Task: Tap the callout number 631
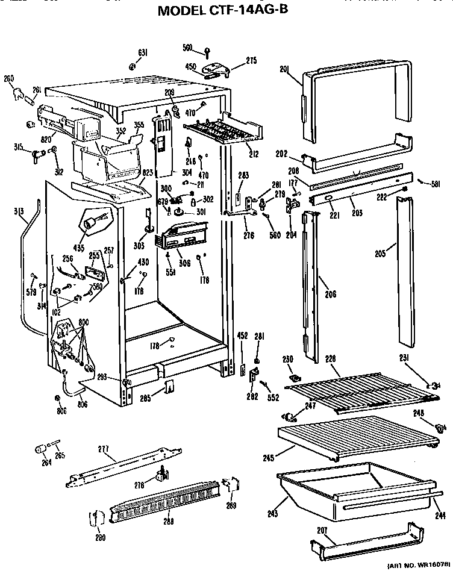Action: (143, 53)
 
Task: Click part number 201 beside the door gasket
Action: (284, 70)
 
